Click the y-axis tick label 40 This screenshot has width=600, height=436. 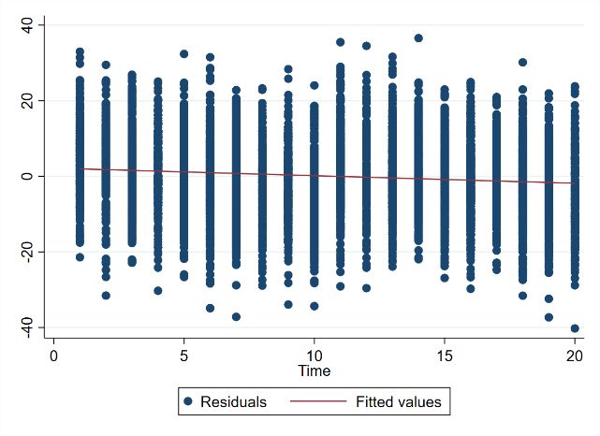click(x=27, y=25)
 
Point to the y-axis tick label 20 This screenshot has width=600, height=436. click(x=27, y=100)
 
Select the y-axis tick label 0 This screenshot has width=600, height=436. click(x=27, y=176)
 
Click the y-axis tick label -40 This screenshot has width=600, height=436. click(x=27, y=324)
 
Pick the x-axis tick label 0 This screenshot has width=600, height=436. click(x=53, y=356)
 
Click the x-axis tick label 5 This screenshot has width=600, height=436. click(x=184, y=356)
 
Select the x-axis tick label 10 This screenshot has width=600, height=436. click(x=315, y=356)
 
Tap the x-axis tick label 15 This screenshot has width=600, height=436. click(x=445, y=356)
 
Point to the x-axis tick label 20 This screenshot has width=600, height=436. click(x=576, y=356)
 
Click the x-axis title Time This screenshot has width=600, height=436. click(x=315, y=371)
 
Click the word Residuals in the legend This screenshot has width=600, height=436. click(x=234, y=402)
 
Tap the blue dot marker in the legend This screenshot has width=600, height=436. click(x=188, y=402)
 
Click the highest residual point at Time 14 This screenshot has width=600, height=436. click(x=418, y=38)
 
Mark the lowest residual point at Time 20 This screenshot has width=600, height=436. click(x=575, y=328)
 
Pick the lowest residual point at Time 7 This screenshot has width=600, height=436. click(x=236, y=317)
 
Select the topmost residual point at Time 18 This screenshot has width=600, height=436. click(x=522, y=63)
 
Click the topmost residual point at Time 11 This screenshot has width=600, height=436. click(x=340, y=42)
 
